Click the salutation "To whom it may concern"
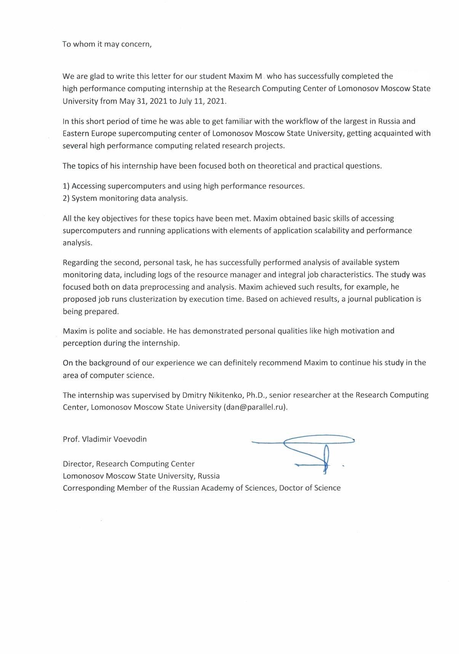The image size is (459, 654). [107, 44]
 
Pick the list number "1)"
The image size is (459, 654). [66, 186]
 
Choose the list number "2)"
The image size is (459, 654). [66, 198]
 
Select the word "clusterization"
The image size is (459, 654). [153, 299]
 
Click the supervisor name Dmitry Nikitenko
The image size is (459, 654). [213, 395]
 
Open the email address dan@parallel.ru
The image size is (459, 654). [255, 407]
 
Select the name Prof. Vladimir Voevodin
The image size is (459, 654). [105, 439]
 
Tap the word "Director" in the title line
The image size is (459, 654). [78, 464]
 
